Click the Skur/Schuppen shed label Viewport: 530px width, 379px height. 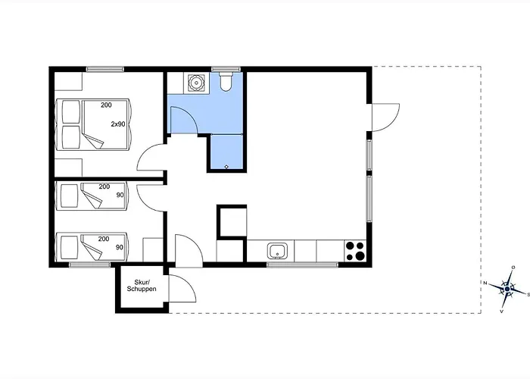click(142, 286)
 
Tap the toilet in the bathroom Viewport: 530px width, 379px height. click(226, 82)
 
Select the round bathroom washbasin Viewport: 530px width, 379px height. click(196, 82)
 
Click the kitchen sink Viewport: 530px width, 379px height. click(278, 251)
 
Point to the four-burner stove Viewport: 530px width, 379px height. click(355, 251)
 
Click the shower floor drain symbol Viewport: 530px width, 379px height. click(226, 167)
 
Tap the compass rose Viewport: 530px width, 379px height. click(507, 289)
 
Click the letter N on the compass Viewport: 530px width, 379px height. click(485, 283)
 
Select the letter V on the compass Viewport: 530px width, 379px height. click(501, 312)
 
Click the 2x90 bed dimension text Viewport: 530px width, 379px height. click(118, 124)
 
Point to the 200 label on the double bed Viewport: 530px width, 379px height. click(106, 105)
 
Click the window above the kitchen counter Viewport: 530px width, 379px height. click(303, 265)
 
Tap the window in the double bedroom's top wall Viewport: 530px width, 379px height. click(104, 70)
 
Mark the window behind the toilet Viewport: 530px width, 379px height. click(226, 70)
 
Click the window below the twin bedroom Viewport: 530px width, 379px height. click(90, 265)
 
